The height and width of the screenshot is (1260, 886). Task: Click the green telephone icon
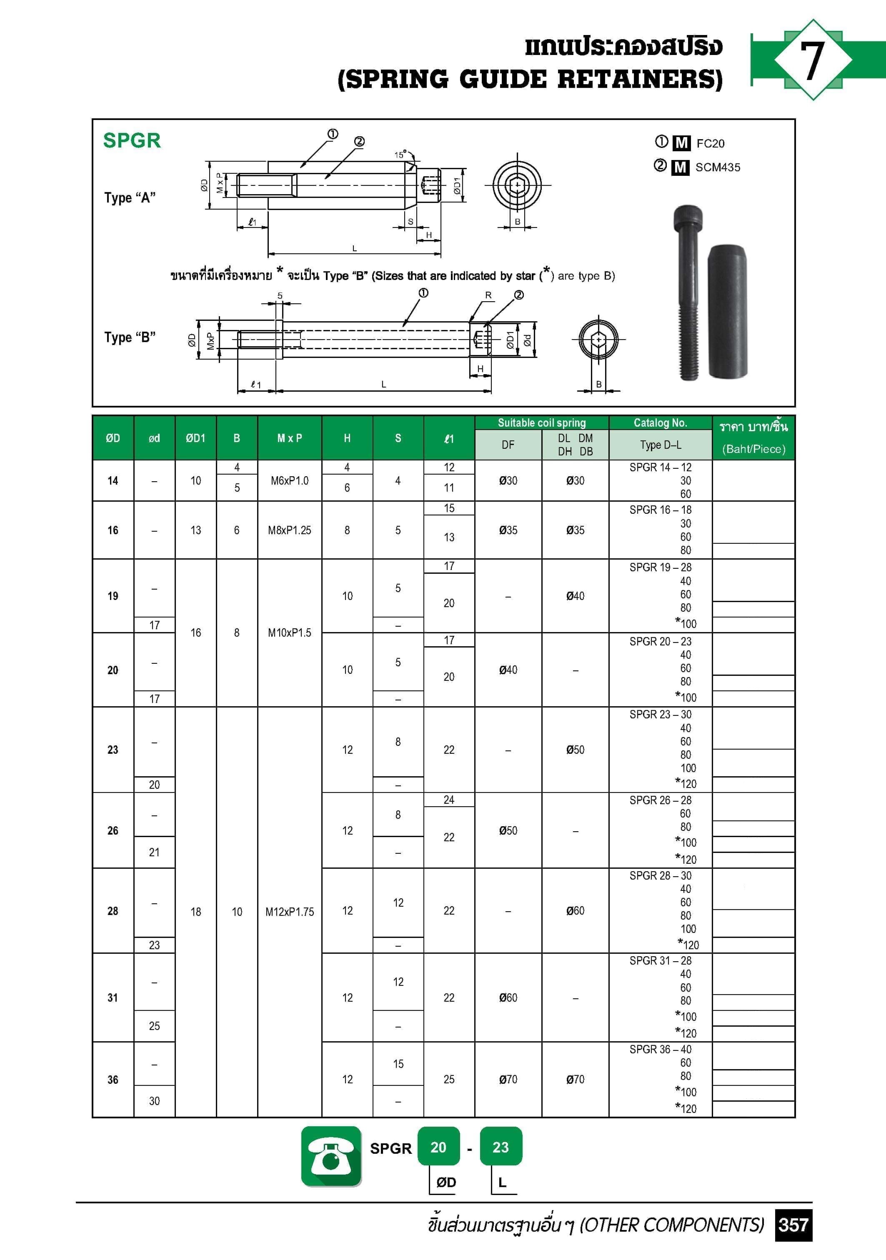[331, 1156]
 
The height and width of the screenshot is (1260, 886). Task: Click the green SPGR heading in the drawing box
[132, 140]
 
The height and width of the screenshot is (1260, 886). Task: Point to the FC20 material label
[710, 144]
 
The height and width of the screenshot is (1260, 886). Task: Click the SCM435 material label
[718, 167]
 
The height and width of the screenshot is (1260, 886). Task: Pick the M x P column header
[289, 438]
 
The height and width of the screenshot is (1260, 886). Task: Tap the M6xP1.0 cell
[289, 481]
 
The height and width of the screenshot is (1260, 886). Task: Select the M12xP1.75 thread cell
[289, 912]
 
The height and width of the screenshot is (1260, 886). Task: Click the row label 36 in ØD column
[113, 1080]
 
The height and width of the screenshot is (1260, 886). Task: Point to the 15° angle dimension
[400, 155]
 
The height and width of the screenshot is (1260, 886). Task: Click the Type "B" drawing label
[130, 337]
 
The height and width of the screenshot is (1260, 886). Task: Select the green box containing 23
[500, 1147]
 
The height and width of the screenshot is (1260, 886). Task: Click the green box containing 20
[438, 1147]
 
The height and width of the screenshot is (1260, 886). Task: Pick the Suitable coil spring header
[541, 422]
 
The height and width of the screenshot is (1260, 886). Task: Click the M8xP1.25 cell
[289, 530]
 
